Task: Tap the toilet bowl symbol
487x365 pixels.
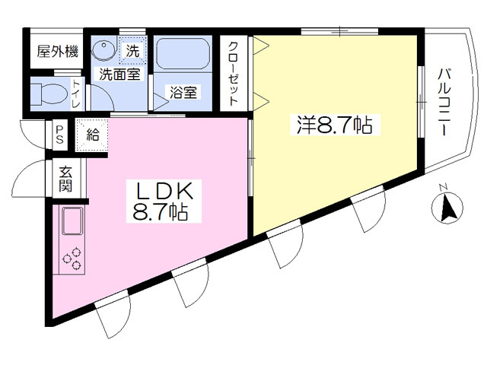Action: pyautogui.click(x=46, y=94)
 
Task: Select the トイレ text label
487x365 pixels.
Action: pyautogui.click(x=77, y=94)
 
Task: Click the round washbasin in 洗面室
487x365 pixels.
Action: pyautogui.click(x=101, y=50)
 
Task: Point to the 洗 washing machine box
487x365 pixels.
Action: pyautogui.click(x=132, y=52)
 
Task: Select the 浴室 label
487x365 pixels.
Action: pyautogui.click(x=185, y=93)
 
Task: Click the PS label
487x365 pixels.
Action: pyautogui.click(x=59, y=137)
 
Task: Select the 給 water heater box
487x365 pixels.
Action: pyautogui.click(x=92, y=136)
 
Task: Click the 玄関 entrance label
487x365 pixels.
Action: pyautogui.click(x=65, y=179)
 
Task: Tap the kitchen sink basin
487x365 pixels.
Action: pyautogui.click(x=74, y=221)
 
